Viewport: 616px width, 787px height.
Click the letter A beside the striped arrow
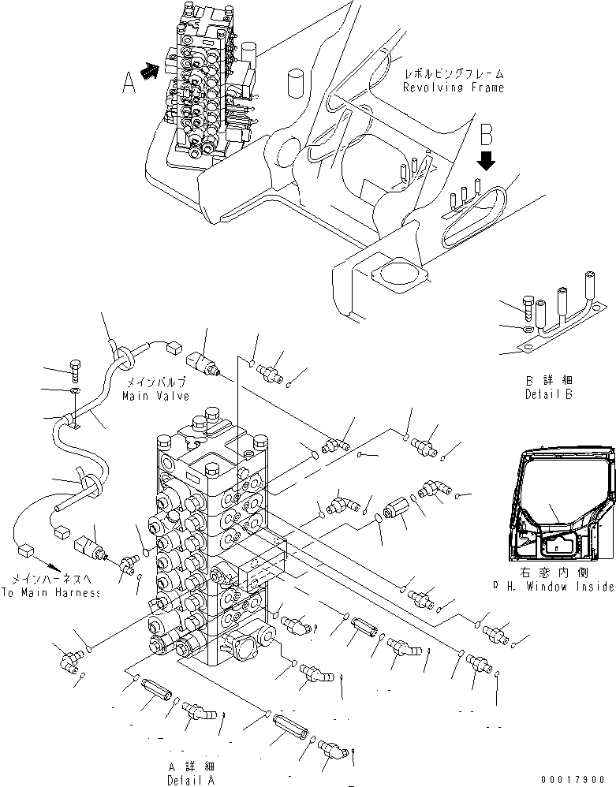[x=129, y=81]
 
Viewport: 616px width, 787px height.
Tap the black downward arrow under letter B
[x=487, y=162]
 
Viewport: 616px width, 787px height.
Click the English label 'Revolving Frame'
[x=453, y=88]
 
